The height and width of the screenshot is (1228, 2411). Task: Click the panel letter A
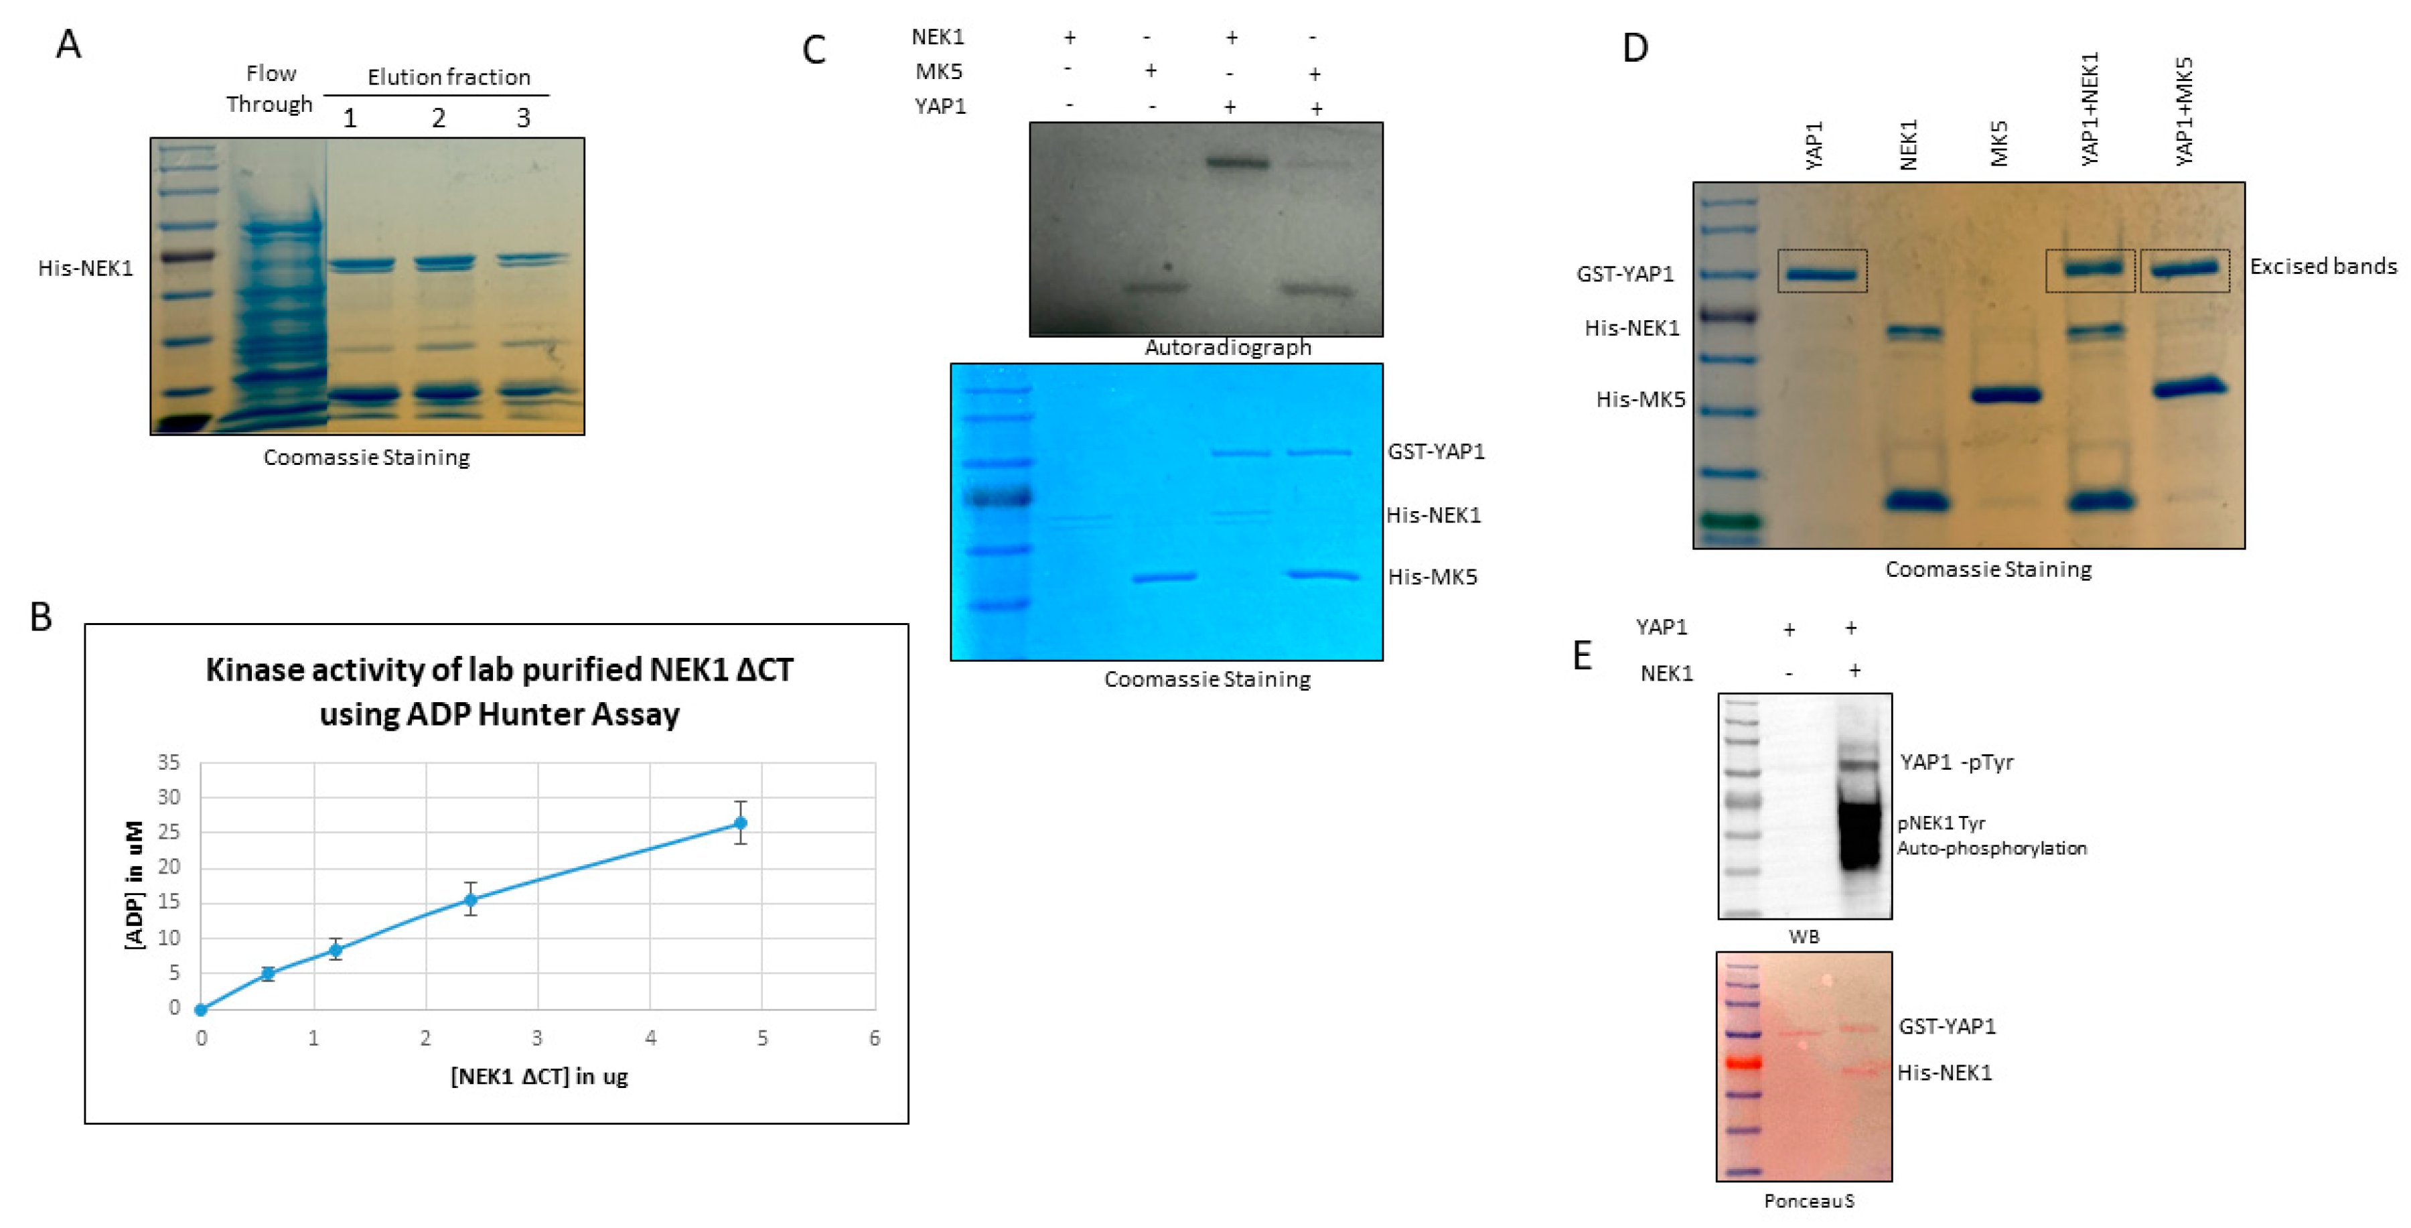68,44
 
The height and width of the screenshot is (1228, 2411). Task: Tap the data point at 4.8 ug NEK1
740,823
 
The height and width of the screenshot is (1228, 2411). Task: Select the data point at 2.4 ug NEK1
471,900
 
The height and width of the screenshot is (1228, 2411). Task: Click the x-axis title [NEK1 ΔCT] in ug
539,1077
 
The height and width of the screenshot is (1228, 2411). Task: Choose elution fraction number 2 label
438,118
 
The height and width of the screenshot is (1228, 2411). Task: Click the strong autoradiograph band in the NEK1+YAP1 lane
1238,163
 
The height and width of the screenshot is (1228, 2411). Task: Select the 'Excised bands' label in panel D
2323,267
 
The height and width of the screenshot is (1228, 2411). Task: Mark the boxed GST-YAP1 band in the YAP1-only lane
1822,273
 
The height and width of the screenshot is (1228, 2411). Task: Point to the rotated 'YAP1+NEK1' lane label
2090,109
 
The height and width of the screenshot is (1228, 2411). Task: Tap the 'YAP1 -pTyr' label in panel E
1956,762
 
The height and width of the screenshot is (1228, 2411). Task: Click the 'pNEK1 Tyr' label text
1941,823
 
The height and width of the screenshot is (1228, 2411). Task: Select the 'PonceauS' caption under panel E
1808,1201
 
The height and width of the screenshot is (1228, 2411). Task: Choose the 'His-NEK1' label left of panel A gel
85,269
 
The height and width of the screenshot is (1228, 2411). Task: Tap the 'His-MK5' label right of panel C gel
1432,577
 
